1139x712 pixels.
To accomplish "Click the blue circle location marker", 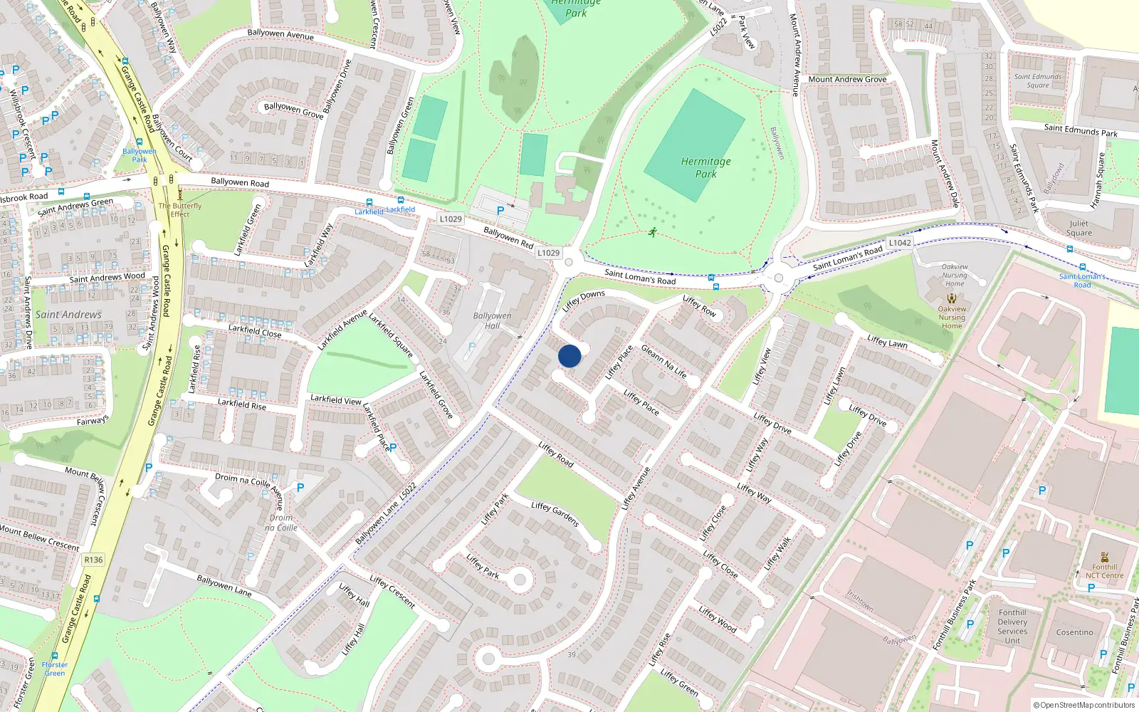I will (569, 355).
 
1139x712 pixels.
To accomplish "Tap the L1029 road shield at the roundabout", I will (548, 253).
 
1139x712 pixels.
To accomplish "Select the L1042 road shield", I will (900, 243).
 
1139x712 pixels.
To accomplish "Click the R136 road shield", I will (93, 560).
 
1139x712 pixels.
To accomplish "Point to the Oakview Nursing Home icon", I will (952, 299).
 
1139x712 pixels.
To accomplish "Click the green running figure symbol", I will (653, 232).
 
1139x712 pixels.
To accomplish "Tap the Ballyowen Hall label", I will (492, 320).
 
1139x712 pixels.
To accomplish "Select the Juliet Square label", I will (1078, 228).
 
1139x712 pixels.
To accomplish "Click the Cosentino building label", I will (1074, 632).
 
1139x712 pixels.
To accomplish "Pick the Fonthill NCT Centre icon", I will (1104, 557).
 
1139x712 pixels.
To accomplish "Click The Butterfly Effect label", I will (180, 209).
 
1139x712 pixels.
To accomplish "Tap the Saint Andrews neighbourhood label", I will (68, 315).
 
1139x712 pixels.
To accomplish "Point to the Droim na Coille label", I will (280, 523).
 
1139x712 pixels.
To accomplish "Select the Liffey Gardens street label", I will (555, 514).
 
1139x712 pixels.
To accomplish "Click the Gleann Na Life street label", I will (664, 361).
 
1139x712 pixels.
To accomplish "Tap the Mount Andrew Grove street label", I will (847, 79).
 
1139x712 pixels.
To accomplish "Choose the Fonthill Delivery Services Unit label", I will (1012, 627).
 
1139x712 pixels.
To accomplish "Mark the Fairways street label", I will (93, 421).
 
